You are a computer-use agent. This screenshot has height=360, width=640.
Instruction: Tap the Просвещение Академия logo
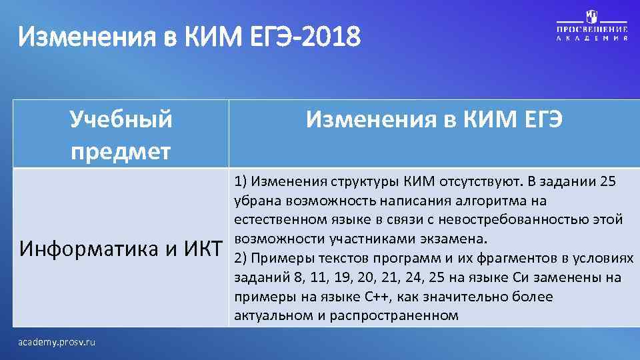click(x=592, y=26)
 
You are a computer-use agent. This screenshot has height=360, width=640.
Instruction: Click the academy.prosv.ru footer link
click(x=57, y=342)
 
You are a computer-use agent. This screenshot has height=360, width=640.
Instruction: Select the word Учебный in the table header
click(x=121, y=120)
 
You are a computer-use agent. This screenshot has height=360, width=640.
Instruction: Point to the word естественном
click(x=279, y=219)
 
